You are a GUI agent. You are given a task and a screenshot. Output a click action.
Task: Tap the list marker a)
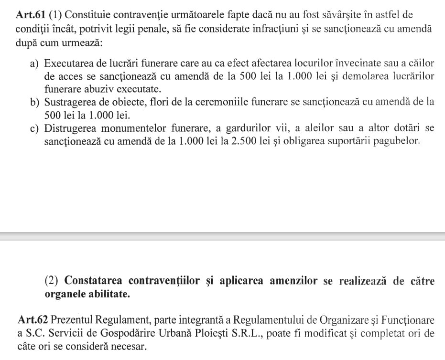click(35, 64)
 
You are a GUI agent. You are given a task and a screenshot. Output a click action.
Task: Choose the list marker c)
click(35, 128)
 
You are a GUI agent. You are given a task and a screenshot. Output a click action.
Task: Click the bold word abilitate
click(108, 294)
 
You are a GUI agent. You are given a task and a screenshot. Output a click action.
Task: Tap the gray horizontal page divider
click(222, 236)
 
